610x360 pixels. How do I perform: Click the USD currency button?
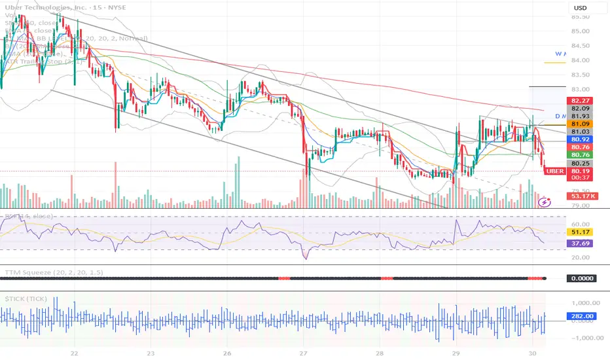coord(581,8)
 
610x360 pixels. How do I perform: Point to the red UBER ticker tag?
coord(554,171)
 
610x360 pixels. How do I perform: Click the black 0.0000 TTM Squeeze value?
coord(581,278)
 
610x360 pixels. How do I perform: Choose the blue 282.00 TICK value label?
coord(581,317)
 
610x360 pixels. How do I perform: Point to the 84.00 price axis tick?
coord(581,60)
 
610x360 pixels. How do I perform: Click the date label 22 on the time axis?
coord(75,351)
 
